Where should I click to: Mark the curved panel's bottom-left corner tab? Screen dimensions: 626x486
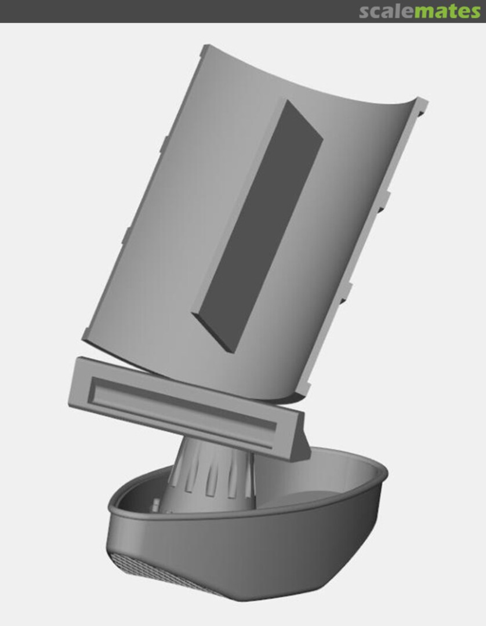pos(86,335)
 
